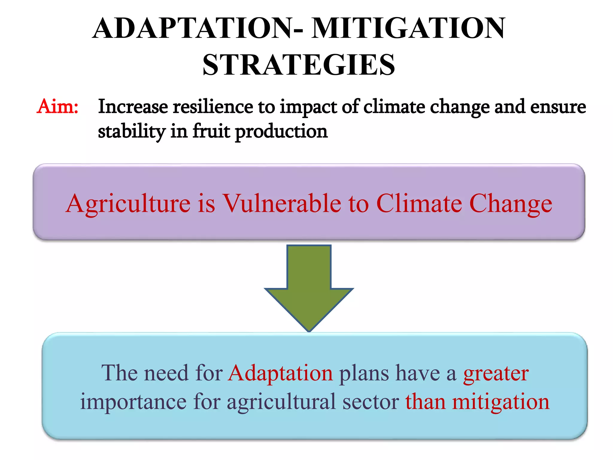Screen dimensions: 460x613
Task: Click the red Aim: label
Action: [57, 106]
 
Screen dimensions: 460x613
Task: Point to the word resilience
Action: [213, 107]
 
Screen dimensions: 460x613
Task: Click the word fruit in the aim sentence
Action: [211, 131]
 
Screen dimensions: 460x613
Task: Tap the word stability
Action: [131, 131]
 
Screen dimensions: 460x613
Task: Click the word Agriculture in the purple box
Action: [128, 204]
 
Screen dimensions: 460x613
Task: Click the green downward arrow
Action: [309, 287]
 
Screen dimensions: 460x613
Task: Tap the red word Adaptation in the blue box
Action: [280, 373]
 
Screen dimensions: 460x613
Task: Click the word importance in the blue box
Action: [133, 402]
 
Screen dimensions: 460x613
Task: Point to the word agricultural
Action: [281, 402]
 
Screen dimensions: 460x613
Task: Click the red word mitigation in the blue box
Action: [500, 402]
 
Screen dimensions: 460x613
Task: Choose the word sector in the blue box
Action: [371, 402]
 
